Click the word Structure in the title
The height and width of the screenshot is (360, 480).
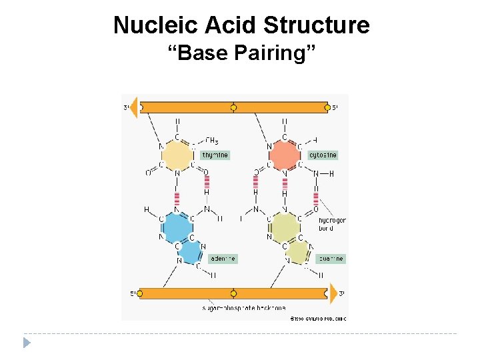[316, 25]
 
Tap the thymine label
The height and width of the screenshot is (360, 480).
[215, 155]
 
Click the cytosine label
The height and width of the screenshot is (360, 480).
[323, 155]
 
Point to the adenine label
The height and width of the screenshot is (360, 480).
[222, 259]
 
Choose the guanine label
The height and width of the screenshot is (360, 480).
[330, 259]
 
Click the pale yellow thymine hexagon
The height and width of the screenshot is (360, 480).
[177, 156]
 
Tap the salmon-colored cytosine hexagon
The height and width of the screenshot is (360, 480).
[285, 156]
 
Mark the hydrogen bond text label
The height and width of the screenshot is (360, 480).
[331, 224]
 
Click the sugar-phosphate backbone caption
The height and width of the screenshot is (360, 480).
[243, 308]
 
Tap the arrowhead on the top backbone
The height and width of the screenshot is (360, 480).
[133, 107]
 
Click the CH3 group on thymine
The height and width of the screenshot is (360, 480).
[211, 141]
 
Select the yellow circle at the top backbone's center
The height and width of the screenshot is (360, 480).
[233, 107]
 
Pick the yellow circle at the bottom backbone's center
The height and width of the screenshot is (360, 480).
[233, 293]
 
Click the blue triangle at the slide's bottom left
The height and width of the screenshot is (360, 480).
[27, 343]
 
